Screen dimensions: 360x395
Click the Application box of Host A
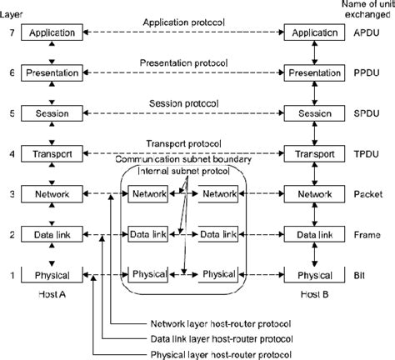tap(52, 32)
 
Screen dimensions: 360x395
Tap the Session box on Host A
tap(52, 112)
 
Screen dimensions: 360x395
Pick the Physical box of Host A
tap(52, 274)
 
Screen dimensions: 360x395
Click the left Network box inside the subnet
tap(149, 193)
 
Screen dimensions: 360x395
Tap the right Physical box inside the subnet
tap(220, 274)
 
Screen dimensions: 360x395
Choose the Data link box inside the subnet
tap(149, 234)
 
